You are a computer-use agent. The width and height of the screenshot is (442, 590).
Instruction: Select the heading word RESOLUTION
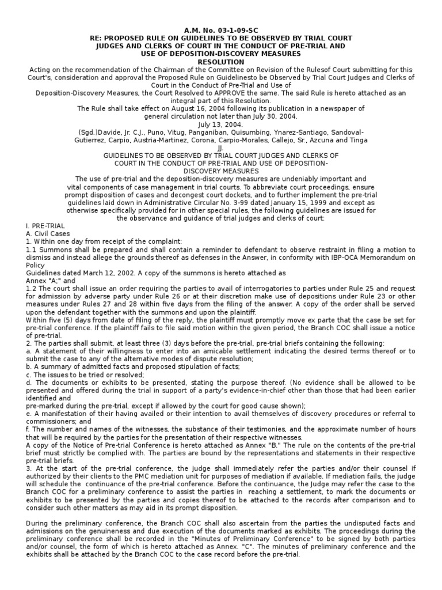221,61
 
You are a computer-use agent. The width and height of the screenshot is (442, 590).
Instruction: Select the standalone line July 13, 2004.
221,124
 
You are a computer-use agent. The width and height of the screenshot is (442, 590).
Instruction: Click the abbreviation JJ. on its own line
221,147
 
